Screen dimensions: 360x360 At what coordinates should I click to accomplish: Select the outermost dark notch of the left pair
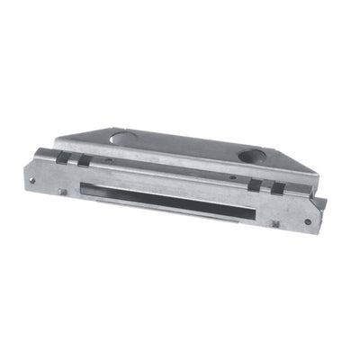(62, 157)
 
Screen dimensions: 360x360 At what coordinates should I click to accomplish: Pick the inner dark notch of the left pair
(82, 160)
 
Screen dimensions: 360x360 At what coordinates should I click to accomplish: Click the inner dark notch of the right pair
(256, 185)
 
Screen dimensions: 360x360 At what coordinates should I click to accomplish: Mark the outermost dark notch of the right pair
(278, 188)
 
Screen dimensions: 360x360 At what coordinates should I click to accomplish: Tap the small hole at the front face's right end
(307, 220)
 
